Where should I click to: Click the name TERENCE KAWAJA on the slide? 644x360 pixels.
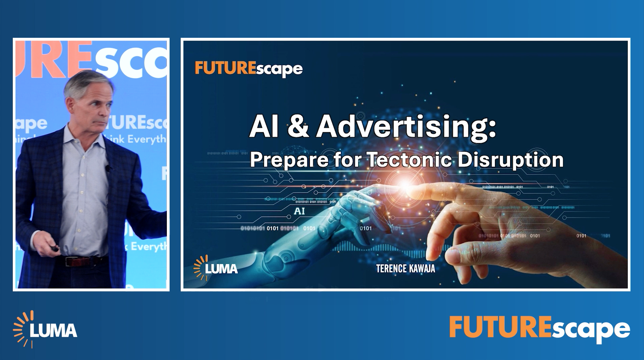tap(405, 269)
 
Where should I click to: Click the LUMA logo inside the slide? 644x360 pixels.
tap(216, 268)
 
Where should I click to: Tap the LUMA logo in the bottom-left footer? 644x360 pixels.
tap(45, 329)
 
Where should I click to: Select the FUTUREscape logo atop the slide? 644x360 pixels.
tap(248, 69)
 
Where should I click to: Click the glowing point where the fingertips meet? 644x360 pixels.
tap(405, 186)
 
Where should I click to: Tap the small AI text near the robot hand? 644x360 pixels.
tap(299, 211)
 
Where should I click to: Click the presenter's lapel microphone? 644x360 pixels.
tap(108, 168)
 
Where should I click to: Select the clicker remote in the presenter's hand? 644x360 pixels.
tap(54, 249)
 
